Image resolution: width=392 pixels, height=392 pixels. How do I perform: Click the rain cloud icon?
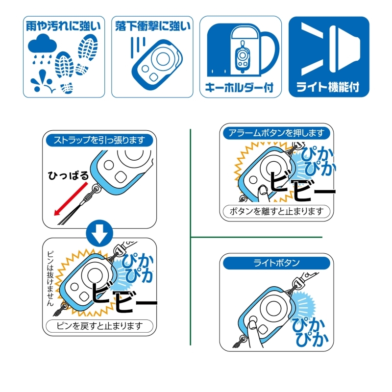42,44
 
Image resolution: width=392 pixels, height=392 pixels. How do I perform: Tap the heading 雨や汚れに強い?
64,26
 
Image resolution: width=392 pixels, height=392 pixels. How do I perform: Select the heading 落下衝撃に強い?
153,26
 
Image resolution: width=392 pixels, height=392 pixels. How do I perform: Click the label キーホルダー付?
240,88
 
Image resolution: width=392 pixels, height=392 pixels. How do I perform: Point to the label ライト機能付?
328,87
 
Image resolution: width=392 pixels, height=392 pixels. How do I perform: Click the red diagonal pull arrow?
71,198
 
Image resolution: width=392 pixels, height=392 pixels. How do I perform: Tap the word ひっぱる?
68,176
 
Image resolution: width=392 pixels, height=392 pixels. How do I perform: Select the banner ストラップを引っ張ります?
99,140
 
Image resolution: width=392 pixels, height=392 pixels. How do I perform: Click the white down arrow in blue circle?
99,233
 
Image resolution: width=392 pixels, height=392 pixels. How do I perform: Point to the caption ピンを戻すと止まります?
99,326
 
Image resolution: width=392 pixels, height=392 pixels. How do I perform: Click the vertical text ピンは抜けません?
50,278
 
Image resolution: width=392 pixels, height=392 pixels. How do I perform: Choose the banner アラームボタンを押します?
276,133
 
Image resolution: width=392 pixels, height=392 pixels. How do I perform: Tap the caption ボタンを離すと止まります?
276,212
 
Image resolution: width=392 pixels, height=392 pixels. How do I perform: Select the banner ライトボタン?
276,263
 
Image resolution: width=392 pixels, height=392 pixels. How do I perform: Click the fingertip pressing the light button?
252,325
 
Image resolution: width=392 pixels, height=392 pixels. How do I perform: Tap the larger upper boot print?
88,48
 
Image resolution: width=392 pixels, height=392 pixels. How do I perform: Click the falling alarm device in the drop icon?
157,65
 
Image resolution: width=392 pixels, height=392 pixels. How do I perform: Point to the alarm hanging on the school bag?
242,56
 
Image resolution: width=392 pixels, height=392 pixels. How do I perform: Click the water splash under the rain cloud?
43,81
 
